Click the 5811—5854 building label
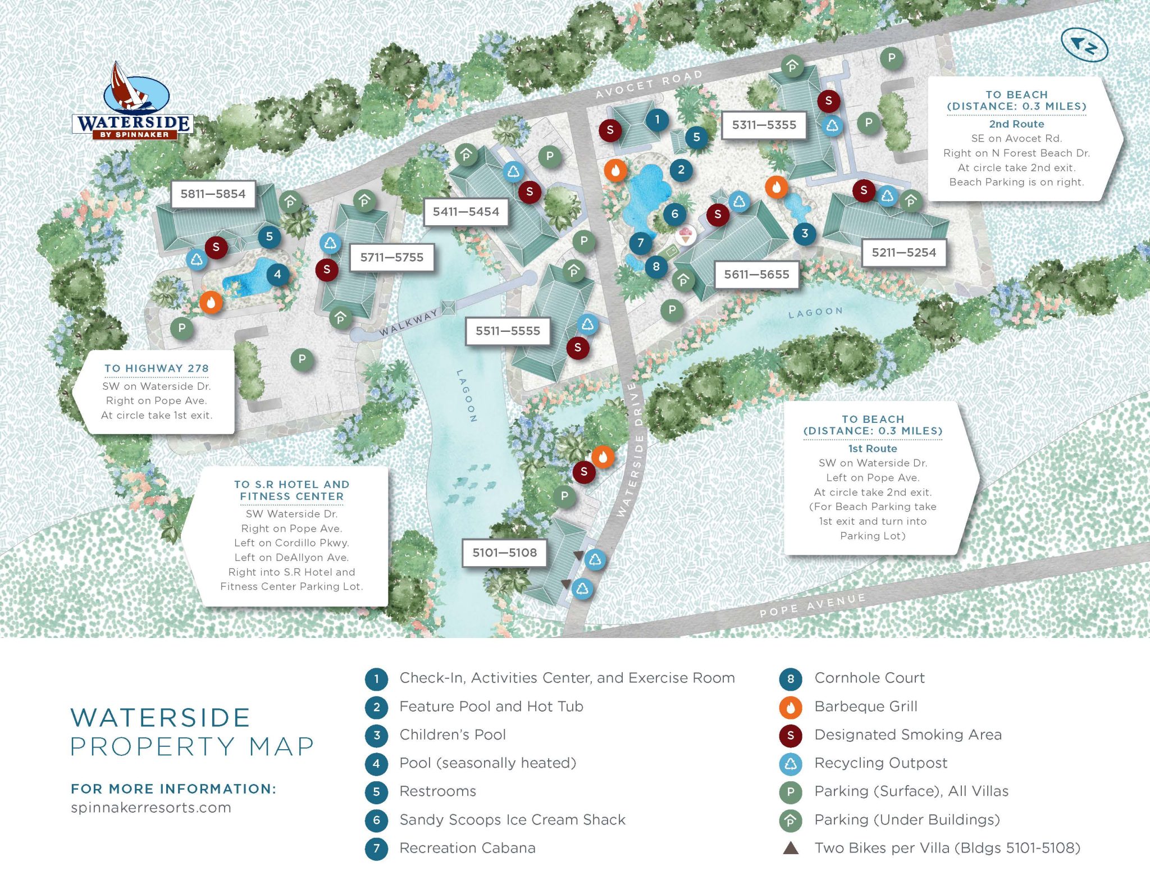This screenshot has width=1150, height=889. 213,194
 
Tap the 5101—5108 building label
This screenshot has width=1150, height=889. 504,553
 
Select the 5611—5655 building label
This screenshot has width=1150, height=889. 756,275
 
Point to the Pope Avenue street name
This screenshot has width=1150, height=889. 812,605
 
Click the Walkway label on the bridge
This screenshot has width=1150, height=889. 408,323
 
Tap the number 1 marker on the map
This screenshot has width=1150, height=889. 657,119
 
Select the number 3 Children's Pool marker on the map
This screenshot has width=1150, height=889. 805,234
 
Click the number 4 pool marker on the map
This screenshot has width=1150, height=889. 277,275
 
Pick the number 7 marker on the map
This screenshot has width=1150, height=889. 640,243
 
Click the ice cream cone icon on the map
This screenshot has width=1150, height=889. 685,235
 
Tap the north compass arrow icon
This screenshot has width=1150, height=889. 1084,45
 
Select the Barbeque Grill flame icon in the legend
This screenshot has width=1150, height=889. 790,707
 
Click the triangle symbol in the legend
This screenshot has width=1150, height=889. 791,848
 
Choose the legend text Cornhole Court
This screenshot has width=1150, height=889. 869,678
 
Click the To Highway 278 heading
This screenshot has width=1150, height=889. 157,368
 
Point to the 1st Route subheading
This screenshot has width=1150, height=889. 873,449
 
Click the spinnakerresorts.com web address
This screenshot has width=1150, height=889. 151,808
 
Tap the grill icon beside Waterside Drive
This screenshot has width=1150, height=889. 603,457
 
